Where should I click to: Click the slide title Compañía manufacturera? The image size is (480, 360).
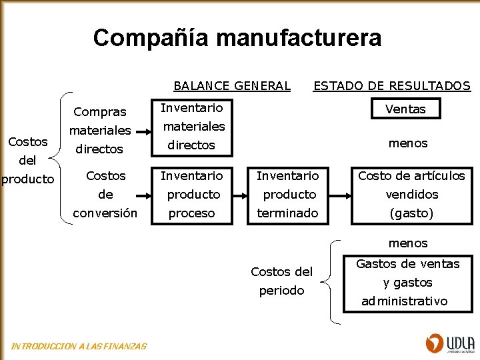click(x=237, y=37)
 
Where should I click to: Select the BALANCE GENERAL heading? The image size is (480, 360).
click(x=232, y=85)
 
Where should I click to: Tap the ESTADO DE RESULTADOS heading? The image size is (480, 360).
click(x=392, y=85)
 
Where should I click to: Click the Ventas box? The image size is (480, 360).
click(x=405, y=109)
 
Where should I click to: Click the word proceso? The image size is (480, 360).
click(x=192, y=213)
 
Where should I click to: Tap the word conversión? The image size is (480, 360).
click(x=105, y=213)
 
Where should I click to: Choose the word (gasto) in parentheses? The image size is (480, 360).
click(x=411, y=213)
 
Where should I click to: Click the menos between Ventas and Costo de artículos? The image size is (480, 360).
click(x=407, y=143)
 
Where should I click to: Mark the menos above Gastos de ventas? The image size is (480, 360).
click(x=407, y=243)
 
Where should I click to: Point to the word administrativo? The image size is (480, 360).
click(x=405, y=301)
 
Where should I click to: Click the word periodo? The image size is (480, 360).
click(x=281, y=291)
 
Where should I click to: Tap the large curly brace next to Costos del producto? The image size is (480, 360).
click(x=65, y=159)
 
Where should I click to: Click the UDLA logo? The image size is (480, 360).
click(x=448, y=343)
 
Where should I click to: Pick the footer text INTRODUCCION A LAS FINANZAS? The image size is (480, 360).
click(x=79, y=346)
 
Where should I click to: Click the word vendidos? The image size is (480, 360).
click(x=411, y=194)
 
